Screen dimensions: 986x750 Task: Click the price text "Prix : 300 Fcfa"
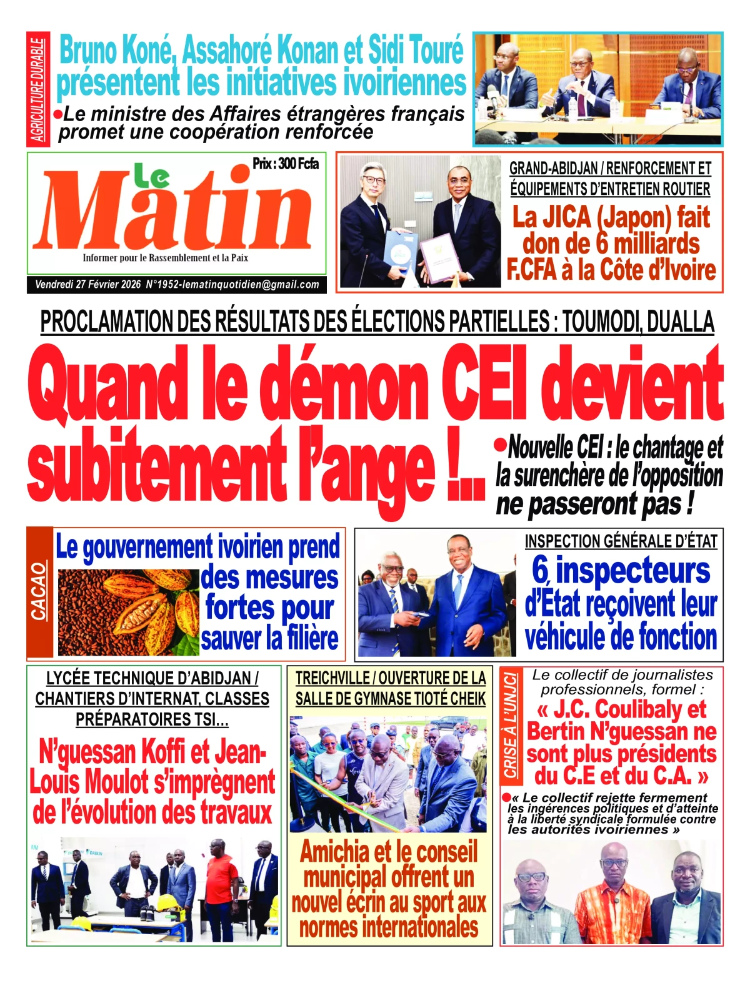286,164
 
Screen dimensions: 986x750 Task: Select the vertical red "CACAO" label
39,592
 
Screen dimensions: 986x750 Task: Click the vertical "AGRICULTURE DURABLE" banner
38,90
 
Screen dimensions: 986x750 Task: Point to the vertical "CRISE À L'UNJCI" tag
511,724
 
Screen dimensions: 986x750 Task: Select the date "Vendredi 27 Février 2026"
88,285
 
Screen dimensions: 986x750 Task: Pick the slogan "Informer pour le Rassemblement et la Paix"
166,258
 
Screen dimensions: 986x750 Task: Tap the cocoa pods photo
128,612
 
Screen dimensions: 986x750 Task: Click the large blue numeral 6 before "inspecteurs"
540,571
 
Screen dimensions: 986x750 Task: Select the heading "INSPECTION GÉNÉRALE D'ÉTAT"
621,541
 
